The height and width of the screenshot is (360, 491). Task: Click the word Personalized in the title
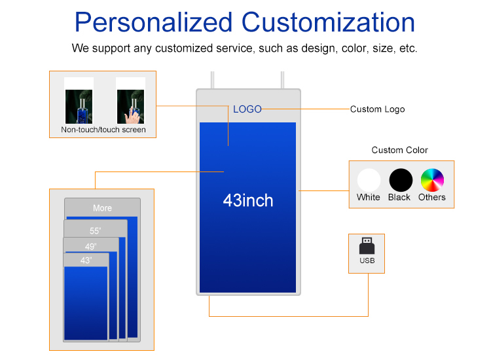[153, 23]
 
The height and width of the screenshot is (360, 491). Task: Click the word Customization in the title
[328, 22]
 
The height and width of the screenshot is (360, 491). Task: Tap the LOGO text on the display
[247, 109]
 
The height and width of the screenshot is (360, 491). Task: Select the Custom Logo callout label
[377, 109]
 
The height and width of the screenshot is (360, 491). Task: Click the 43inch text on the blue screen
[247, 200]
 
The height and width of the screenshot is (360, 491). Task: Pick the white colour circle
[369, 180]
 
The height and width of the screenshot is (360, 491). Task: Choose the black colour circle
[401, 180]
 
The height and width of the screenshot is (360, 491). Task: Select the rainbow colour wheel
[432, 180]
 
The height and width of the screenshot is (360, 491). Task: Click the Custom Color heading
[399, 151]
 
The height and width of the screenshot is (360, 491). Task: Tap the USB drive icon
[367, 245]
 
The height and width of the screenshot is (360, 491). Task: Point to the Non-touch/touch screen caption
[103, 130]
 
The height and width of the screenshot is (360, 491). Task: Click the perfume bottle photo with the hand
[130, 107]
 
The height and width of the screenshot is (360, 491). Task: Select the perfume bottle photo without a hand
[79, 107]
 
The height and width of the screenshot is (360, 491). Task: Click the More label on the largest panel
[102, 208]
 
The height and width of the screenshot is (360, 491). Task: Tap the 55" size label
[95, 231]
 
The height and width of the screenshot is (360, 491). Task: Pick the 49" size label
[90, 247]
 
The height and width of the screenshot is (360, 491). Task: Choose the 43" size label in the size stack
[86, 261]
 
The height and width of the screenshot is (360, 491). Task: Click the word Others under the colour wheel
[432, 197]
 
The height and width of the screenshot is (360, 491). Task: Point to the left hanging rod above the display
[213, 80]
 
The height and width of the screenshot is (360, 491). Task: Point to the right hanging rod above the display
[282, 80]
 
